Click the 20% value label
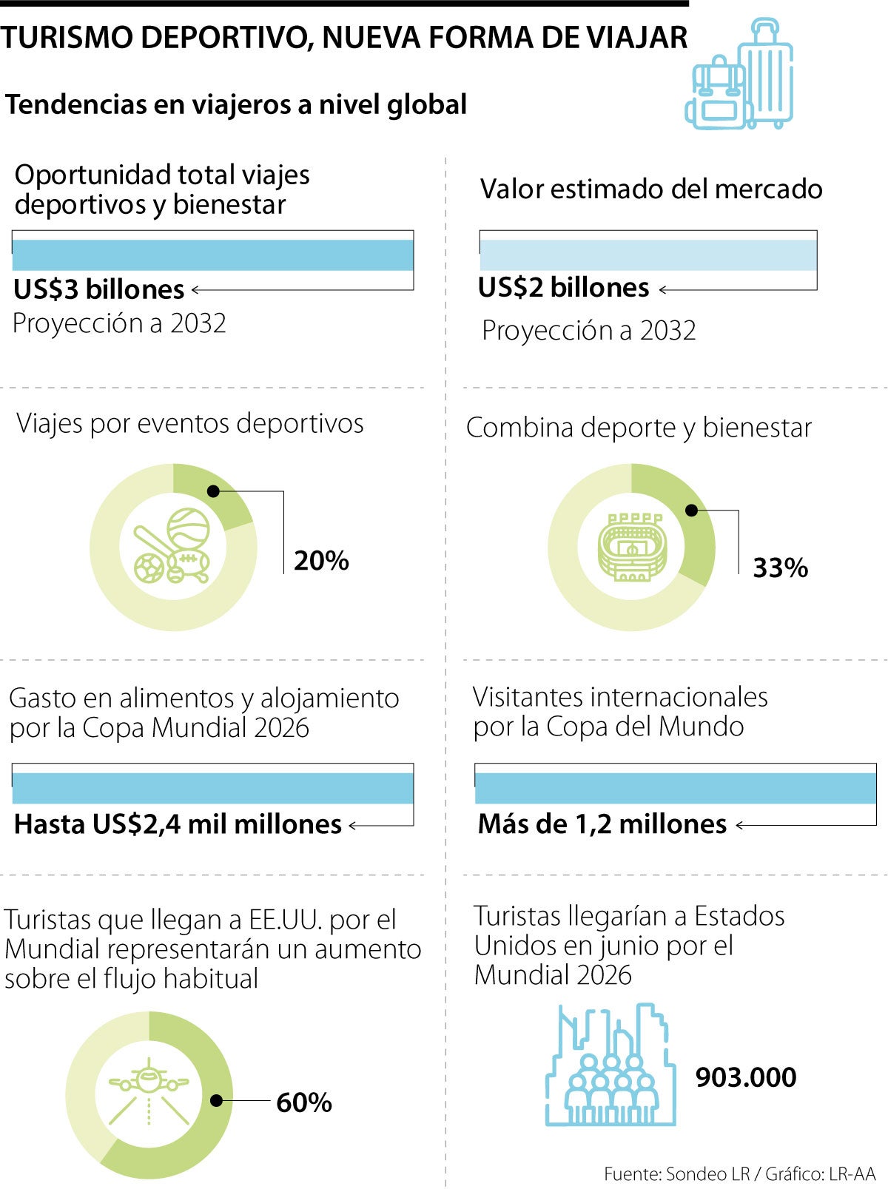[321, 561]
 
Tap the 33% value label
[780, 568]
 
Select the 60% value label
[303, 1102]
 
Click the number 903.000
[746, 1077]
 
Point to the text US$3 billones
[99, 289]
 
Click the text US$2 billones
[563, 288]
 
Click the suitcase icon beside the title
[767, 74]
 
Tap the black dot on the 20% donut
[213, 491]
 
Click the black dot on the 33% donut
[691, 511]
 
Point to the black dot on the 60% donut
[216, 1101]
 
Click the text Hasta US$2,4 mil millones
[178, 824]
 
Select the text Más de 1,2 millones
[602, 824]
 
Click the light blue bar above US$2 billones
[647, 255]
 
